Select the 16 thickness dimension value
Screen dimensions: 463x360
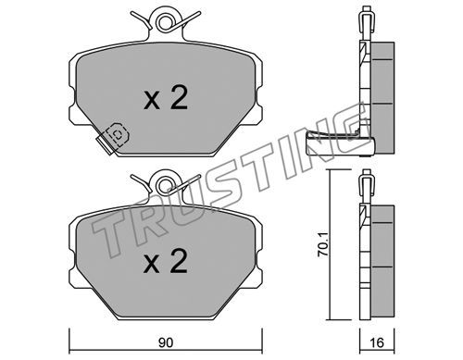[x=377, y=342]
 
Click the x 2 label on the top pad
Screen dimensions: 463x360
[x=166, y=98]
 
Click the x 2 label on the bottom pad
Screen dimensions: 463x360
[x=166, y=261]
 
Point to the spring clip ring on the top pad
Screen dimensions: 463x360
[x=164, y=22]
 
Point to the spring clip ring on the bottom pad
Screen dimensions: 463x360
[x=165, y=185]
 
